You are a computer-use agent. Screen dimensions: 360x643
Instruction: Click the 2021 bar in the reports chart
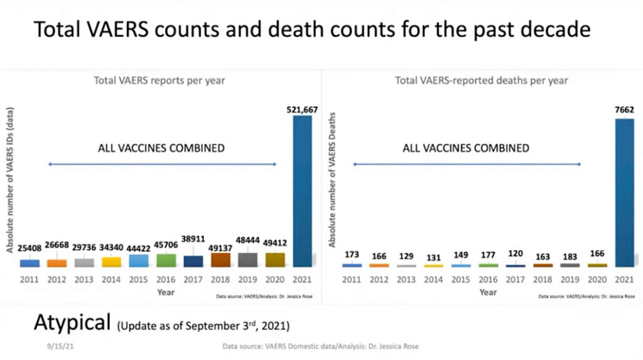click(x=302, y=191)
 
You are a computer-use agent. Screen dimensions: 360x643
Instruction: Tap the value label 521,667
click(x=302, y=109)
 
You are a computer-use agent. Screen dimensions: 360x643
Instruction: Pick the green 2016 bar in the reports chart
click(x=166, y=260)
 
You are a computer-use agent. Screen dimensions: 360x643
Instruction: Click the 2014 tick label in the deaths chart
click(x=433, y=280)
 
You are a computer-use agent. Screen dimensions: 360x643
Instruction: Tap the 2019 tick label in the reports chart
click(x=247, y=280)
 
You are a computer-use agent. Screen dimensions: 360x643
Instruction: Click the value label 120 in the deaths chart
click(x=516, y=255)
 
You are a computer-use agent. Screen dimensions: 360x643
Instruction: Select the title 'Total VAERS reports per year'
click(x=159, y=80)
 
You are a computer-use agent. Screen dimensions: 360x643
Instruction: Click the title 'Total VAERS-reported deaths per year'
click(x=482, y=80)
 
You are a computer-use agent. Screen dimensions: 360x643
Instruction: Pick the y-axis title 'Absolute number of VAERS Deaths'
click(x=333, y=182)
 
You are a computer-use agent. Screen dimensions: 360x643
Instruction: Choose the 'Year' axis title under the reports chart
click(x=166, y=292)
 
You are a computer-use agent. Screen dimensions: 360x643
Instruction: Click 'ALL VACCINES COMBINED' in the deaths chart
click(x=466, y=148)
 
